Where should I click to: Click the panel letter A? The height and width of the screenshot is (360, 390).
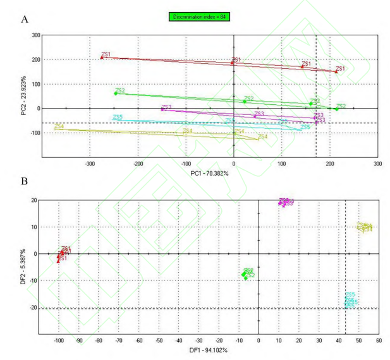(25, 19)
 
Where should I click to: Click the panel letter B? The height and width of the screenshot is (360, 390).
(25, 181)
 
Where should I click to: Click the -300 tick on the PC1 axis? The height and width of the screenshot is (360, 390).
(90, 163)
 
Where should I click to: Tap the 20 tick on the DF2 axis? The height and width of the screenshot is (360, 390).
(35, 200)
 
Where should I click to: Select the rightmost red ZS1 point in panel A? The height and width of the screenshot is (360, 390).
(336, 71)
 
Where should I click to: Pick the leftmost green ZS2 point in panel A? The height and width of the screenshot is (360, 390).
(116, 93)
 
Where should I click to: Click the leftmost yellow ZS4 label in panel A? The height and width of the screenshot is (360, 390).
(59, 126)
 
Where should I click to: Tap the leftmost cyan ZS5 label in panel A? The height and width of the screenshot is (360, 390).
(118, 117)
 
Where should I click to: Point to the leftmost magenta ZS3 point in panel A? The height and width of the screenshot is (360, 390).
(162, 109)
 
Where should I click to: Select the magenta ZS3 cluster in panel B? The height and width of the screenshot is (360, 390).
(285, 202)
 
